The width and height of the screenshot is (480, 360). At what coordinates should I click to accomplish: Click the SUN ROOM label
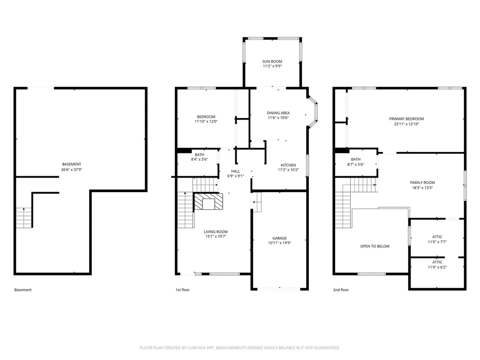(272, 61)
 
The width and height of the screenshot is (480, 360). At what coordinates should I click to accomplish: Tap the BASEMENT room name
(72, 165)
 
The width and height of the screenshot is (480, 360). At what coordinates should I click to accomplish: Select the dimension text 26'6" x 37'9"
(72, 170)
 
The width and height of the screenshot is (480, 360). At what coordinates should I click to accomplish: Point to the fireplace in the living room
(209, 202)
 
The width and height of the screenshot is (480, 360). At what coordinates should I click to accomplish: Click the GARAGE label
(279, 238)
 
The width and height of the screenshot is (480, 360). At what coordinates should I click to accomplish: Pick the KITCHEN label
(288, 165)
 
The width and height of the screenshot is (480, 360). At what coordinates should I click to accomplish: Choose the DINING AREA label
(278, 113)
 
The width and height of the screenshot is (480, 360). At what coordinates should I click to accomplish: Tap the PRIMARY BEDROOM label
(406, 119)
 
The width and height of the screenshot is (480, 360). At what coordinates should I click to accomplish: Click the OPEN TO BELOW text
(375, 247)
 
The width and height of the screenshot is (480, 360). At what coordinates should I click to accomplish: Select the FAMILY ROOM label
(422, 183)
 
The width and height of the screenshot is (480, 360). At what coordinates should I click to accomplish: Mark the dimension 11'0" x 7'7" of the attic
(437, 242)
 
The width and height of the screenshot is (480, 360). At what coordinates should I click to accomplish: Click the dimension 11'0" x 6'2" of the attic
(437, 267)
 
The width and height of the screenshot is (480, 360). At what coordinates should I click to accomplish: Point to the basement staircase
(24, 217)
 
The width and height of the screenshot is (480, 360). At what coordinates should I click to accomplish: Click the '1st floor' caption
(182, 290)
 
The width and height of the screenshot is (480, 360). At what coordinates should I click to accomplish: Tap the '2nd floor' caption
(341, 290)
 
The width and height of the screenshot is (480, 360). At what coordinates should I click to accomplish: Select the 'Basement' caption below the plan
(23, 290)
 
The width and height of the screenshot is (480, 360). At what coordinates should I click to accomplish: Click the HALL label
(236, 172)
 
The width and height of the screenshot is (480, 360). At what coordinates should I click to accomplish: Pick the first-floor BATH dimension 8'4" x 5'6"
(200, 159)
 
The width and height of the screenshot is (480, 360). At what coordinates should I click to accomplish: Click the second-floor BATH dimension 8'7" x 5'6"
(356, 165)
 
